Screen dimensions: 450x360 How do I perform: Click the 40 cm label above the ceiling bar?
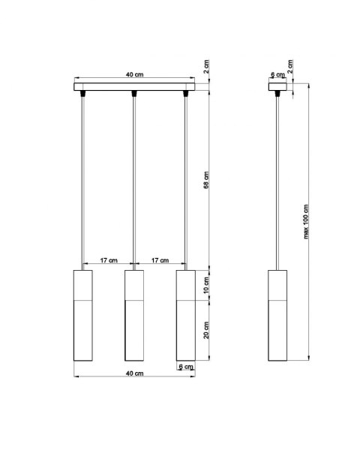(134, 75)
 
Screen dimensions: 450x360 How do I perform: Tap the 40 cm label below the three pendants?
(134, 373)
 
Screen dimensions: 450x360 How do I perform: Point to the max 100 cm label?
(306, 223)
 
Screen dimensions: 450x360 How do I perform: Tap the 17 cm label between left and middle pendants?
(108, 260)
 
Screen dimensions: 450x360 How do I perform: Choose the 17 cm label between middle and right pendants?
(160, 260)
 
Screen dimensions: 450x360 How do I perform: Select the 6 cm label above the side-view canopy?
(277, 75)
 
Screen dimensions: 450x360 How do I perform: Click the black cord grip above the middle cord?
(133, 94)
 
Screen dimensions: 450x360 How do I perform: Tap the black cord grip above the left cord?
(82, 94)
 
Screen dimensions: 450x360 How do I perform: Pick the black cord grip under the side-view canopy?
(278, 94)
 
